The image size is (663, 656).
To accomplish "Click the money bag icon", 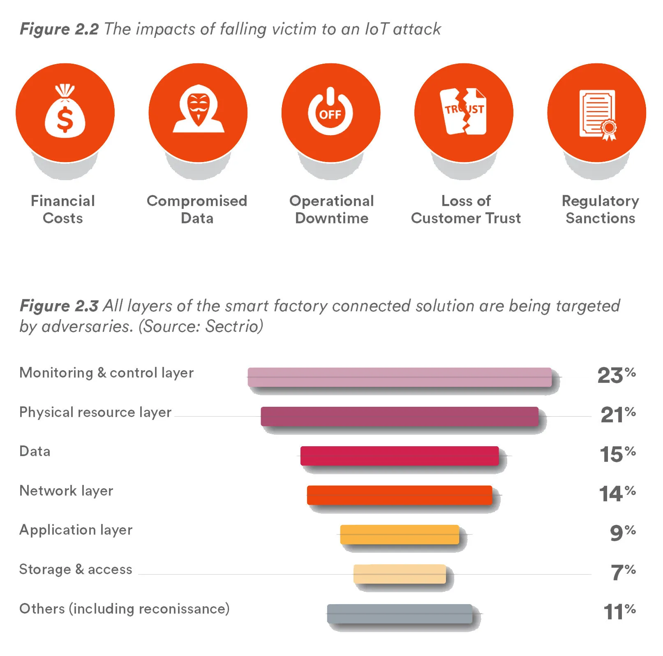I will click(x=65, y=112).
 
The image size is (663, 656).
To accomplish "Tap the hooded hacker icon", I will click(x=198, y=109).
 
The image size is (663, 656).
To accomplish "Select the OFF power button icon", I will click(x=330, y=112).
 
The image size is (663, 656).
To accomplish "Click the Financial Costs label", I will click(x=63, y=209).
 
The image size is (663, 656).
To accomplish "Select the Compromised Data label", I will click(x=197, y=209).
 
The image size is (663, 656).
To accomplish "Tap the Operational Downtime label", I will click(x=331, y=209).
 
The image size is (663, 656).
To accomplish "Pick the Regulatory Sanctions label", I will click(x=600, y=209).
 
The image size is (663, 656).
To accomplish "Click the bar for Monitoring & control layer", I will click(x=400, y=377).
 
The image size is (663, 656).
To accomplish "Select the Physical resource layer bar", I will click(x=400, y=416).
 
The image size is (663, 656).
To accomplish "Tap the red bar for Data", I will click(x=400, y=456).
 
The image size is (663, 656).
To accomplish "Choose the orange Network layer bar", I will click(x=400, y=495).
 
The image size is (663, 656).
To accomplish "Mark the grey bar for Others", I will click(x=400, y=613).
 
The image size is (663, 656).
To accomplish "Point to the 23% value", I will click(x=616, y=375).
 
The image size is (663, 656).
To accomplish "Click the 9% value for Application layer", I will click(x=622, y=533).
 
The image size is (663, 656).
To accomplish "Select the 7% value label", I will click(x=623, y=572).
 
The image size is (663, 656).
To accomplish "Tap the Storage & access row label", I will click(x=76, y=569).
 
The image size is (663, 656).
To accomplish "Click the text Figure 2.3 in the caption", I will click(x=59, y=306).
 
